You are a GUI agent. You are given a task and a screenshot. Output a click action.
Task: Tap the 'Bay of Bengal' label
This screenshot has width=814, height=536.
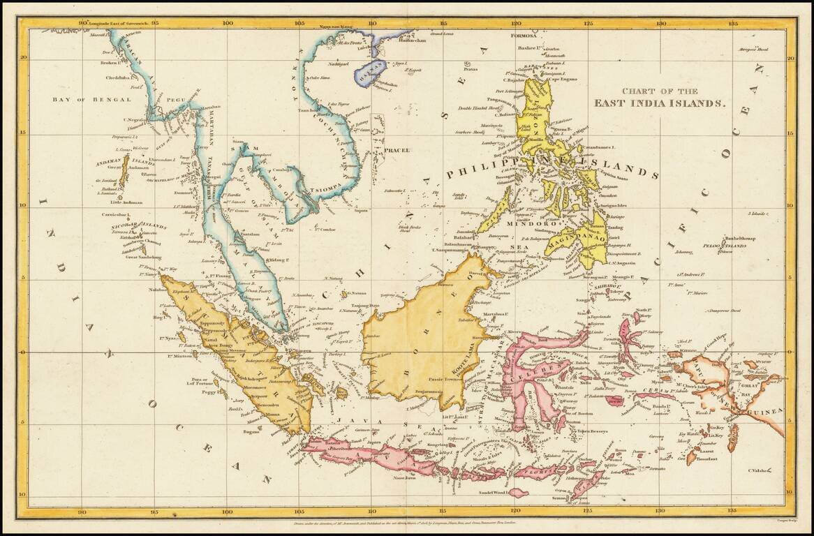[x=91, y=100]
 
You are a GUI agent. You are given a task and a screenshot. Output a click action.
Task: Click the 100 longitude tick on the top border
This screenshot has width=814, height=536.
[x=228, y=23]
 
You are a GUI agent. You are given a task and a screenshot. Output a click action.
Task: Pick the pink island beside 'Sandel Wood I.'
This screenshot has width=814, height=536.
[x=519, y=493]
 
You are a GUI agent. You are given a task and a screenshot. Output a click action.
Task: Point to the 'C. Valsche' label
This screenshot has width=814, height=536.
[x=760, y=471]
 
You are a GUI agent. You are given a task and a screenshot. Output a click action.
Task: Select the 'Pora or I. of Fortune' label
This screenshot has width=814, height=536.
[x=192, y=382]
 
